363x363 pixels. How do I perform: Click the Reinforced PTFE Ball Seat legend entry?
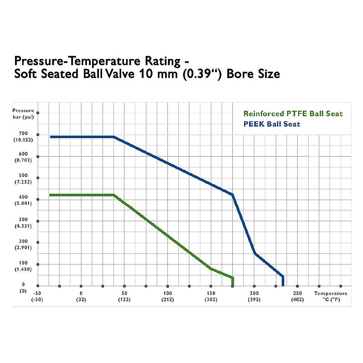pos(293,113)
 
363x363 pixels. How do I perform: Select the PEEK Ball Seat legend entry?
pos(271,123)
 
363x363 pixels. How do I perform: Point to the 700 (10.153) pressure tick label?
pos(23,137)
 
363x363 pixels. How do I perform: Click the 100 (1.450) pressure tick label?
pos(23,266)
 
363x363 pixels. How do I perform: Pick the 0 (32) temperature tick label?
pos(81,296)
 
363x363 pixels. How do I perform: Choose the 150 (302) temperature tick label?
pos(211,296)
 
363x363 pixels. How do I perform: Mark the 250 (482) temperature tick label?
pos(297,296)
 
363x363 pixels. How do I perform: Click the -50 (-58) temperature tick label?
pos(38,296)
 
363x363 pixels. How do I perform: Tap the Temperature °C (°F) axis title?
pos(331,296)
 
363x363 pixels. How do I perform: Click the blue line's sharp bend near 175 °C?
pos(233,195)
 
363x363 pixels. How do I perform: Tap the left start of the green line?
pos(50,195)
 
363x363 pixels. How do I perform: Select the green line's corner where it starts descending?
pos(113,195)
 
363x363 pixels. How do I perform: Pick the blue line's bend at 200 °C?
pos(255,253)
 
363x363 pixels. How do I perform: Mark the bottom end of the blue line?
pos(283,285)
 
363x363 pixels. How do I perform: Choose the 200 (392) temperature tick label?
pos(254,296)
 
